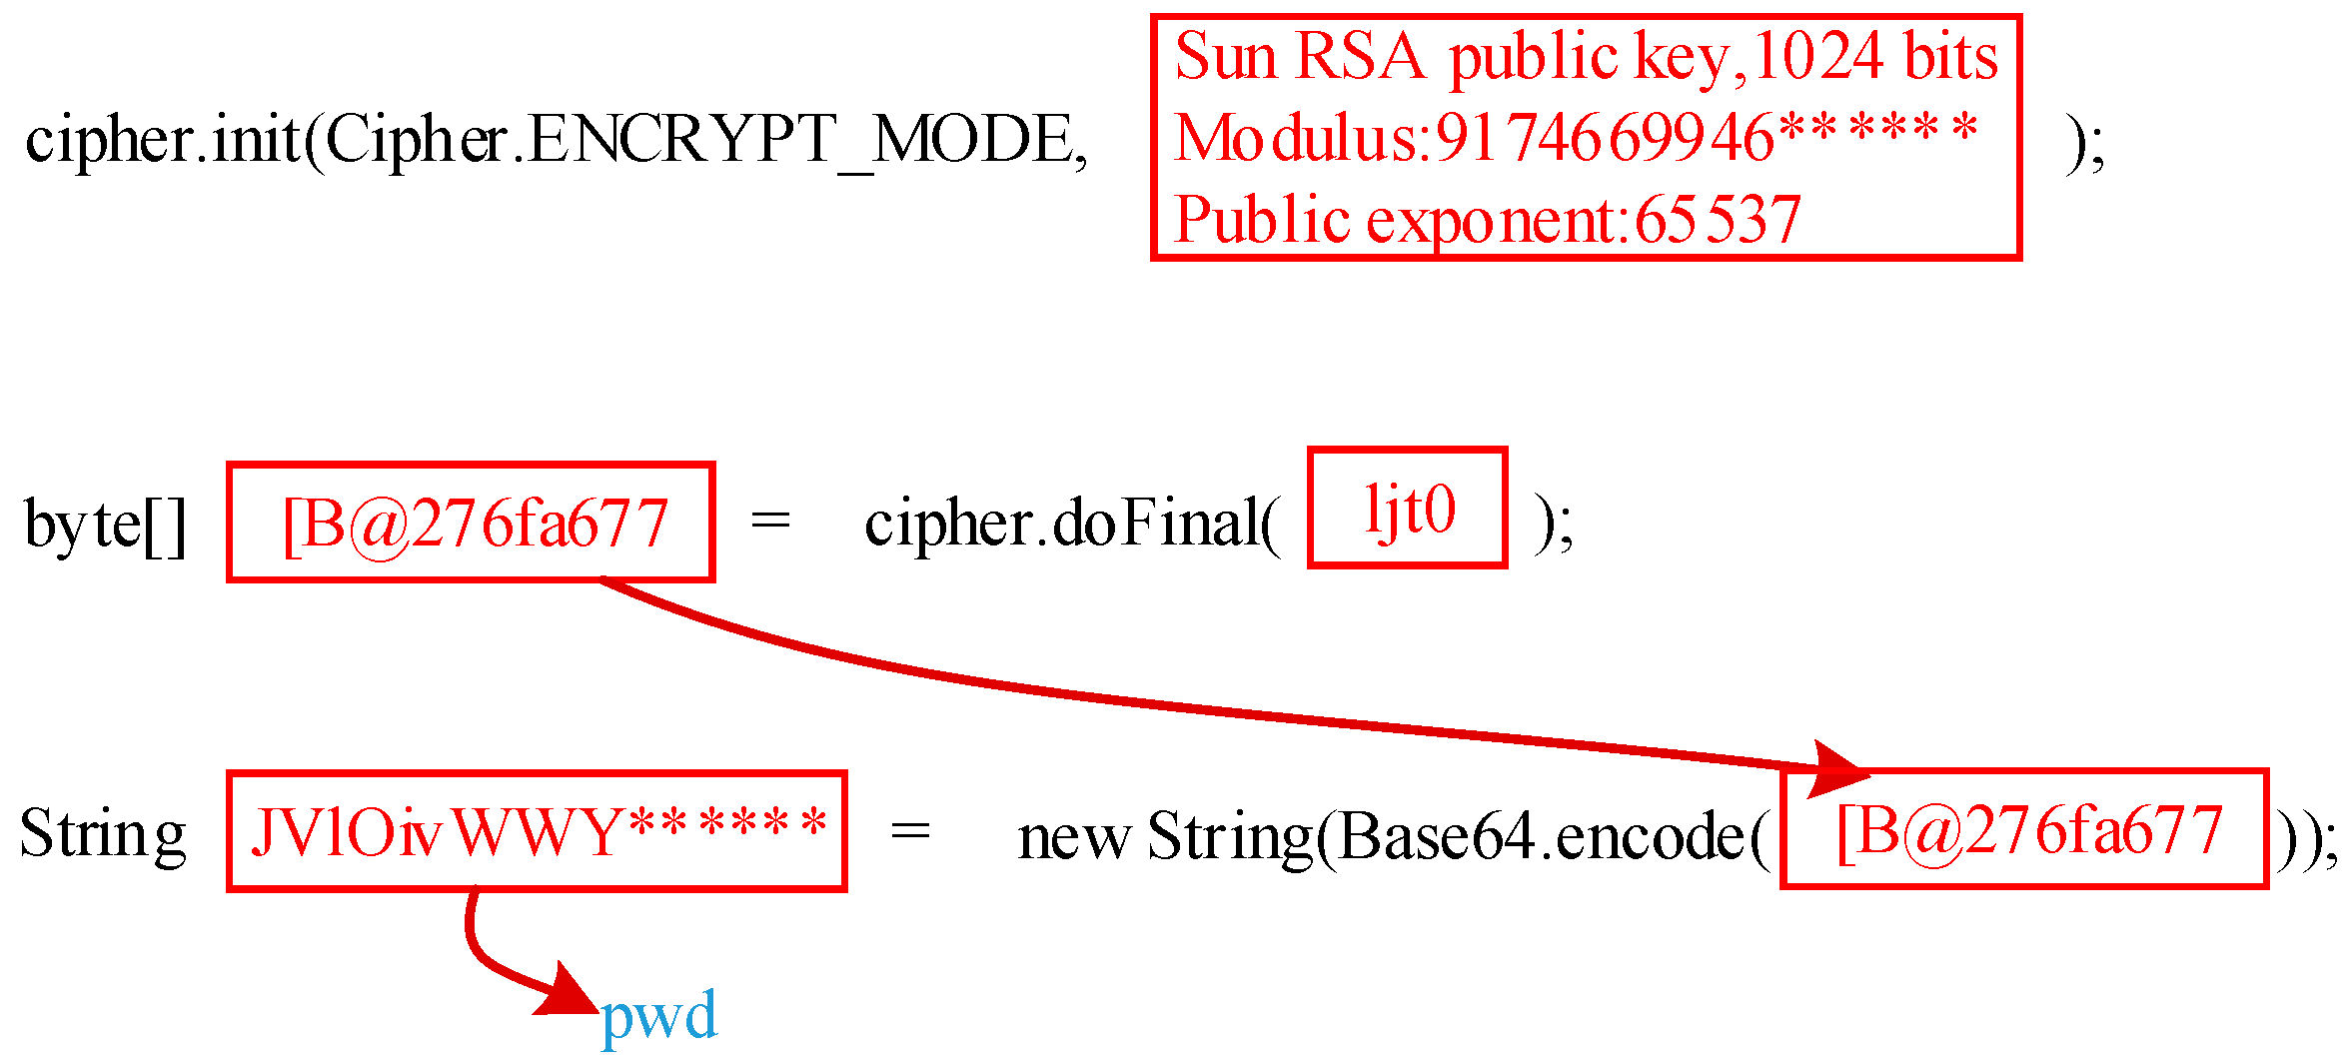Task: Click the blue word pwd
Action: (658, 1017)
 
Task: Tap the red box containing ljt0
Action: (1407, 509)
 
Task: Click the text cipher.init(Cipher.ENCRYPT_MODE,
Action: (556, 140)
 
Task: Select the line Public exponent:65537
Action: (1487, 220)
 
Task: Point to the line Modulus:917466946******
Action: (1575, 138)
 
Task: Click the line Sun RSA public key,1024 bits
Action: (1586, 56)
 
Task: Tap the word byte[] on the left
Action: (105, 524)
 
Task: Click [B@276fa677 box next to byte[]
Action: (471, 523)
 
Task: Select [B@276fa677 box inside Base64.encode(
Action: (2024, 829)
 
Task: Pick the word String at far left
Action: (103, 834)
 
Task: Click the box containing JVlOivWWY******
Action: (537, 831)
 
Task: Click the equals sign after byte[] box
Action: (770, 521)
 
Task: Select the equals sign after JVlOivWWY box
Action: (910, 831)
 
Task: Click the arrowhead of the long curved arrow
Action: (1838, 769)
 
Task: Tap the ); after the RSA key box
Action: (2086, 143)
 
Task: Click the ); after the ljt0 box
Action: (1554, 524)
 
